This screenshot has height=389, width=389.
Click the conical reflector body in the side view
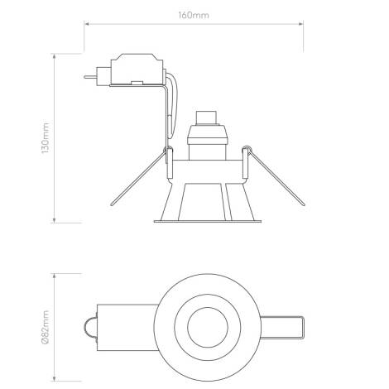pyautogui.click(x=205, y=199)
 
